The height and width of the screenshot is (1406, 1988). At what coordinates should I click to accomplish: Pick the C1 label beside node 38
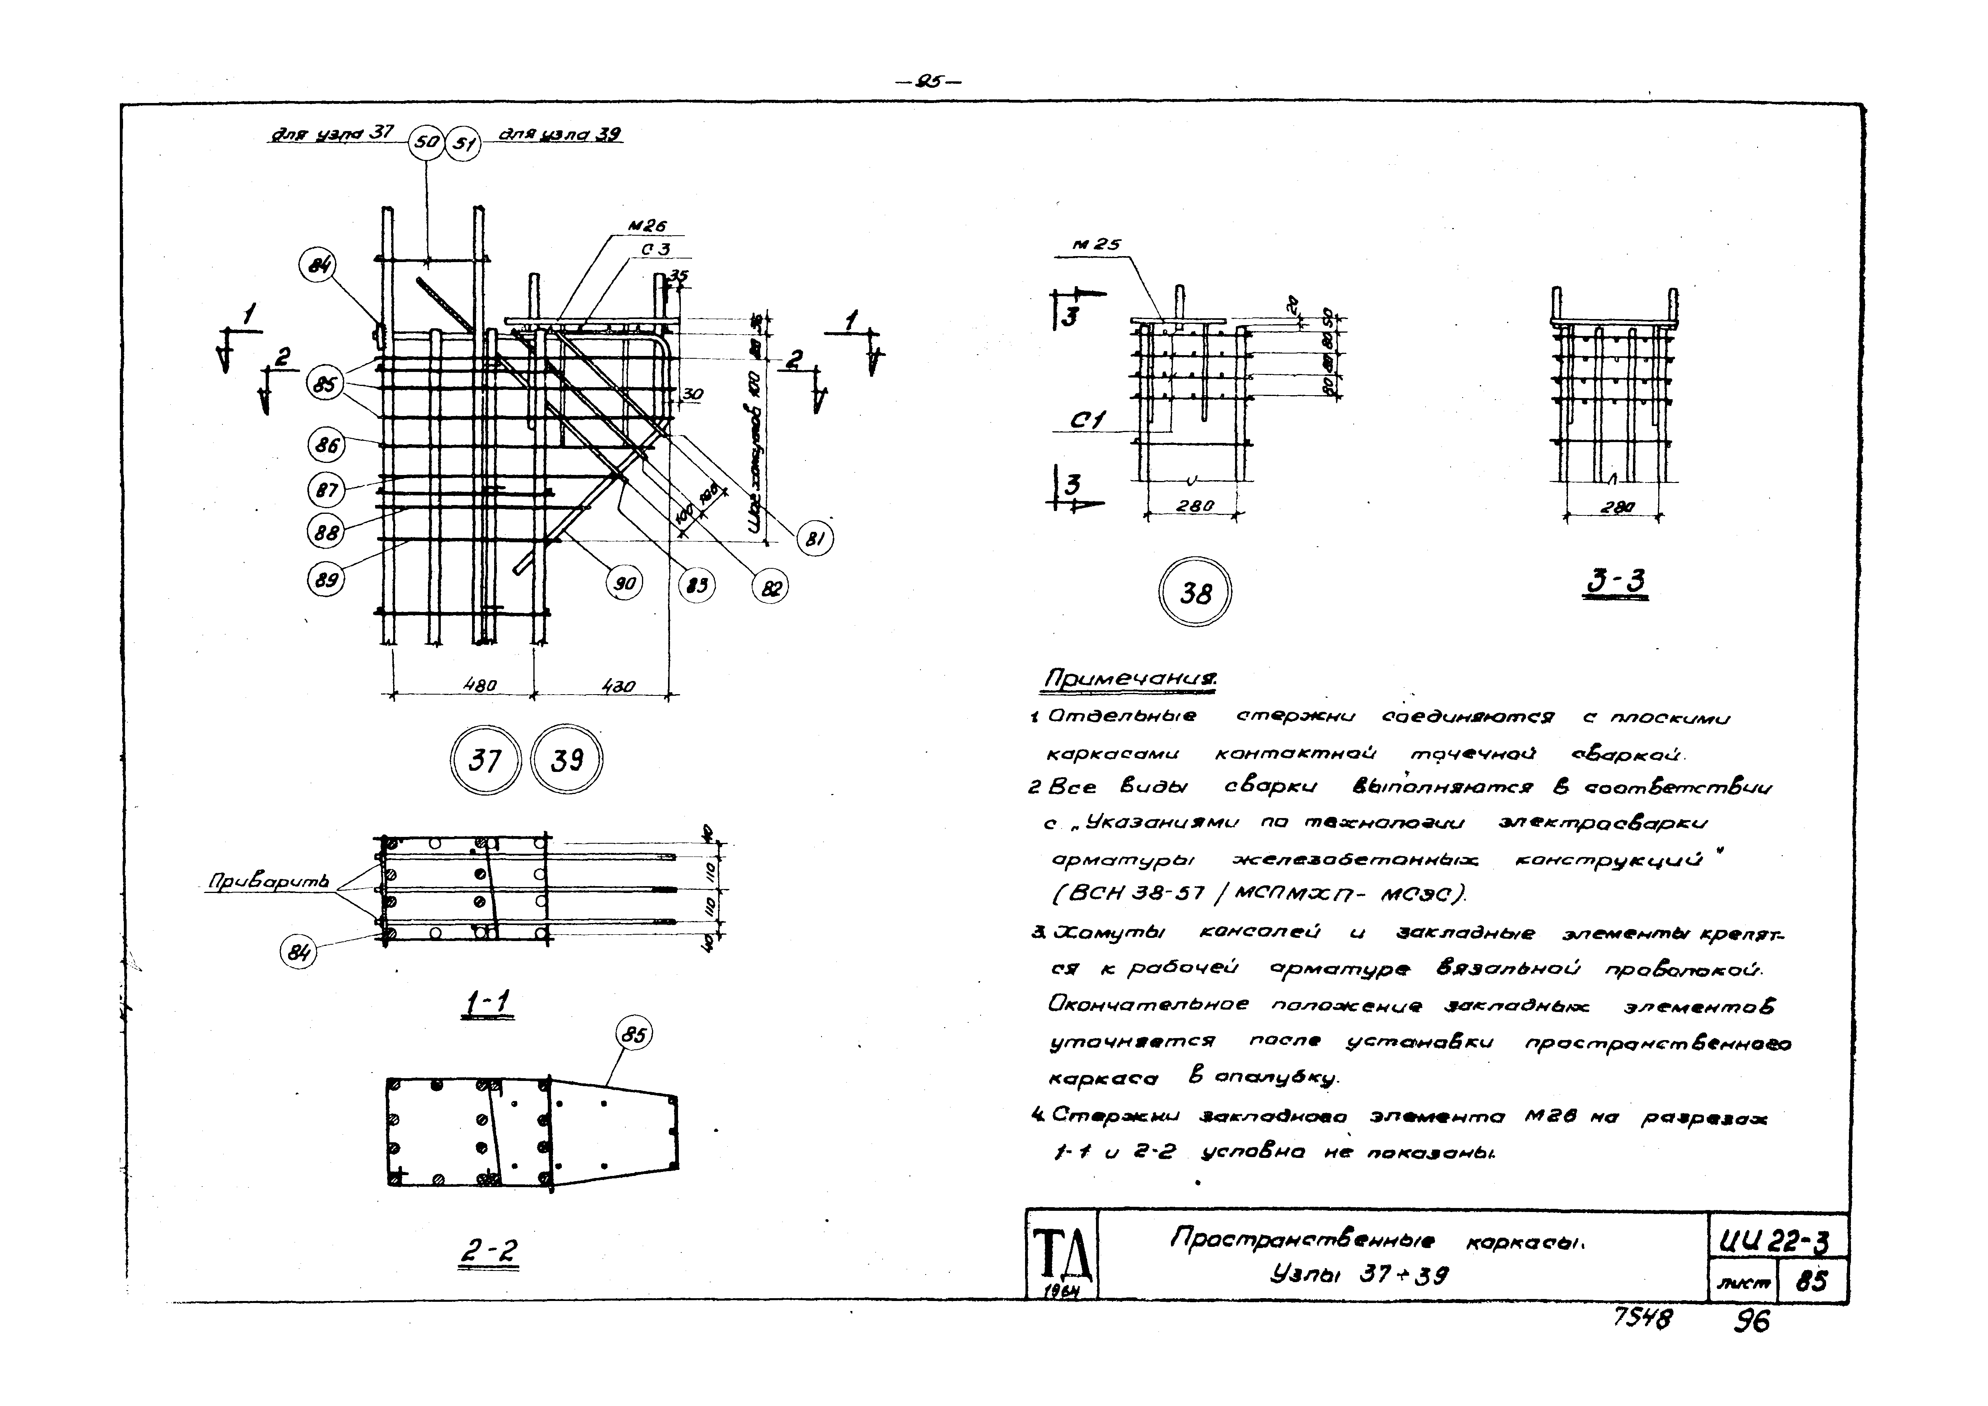tap(1088, 421)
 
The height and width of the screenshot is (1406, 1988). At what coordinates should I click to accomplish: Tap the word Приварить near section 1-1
tap(268, 882)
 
